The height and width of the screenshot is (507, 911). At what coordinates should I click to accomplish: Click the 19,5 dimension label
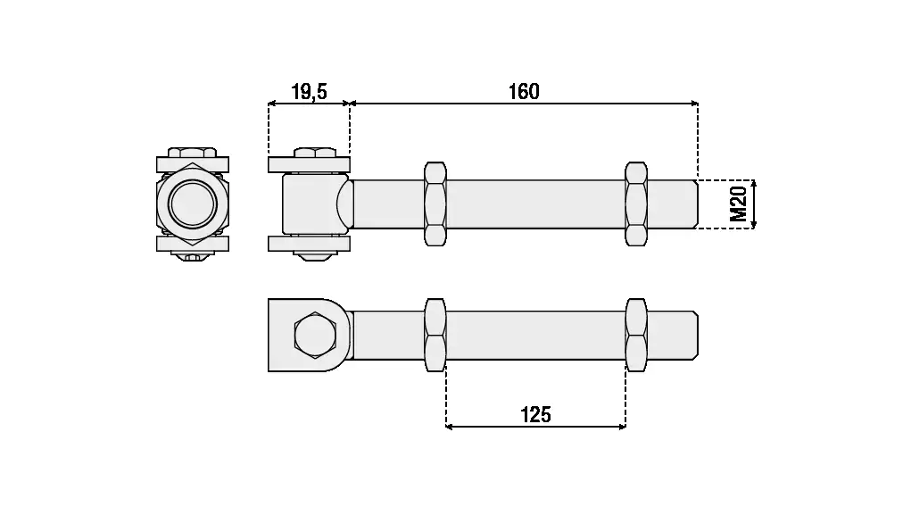(x=309, y=92)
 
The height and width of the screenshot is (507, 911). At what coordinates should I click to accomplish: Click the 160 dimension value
(x=524, y=92)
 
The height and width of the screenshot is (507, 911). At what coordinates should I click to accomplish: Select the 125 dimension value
(x=535, y=414)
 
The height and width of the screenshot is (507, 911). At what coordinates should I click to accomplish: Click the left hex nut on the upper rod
(x=435, y=204)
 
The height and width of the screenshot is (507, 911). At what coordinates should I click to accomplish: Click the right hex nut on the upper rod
(x=636, y=204)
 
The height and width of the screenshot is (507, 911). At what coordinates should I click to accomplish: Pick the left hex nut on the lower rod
(x=435, y=335)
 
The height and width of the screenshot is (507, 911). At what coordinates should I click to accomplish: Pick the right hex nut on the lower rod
(x=636, y=335)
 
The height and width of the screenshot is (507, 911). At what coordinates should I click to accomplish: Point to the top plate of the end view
(x=192, y=163)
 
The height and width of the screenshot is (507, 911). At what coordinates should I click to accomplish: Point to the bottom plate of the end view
(x=192, y=244)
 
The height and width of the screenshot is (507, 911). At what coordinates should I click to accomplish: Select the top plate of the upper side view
(x=309, y=163)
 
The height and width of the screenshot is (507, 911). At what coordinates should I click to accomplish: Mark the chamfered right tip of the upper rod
(x=694, y=204)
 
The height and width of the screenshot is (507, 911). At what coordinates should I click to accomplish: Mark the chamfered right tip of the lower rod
(x=694, y=335)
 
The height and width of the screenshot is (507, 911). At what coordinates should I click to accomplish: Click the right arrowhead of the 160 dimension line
(x=693, y=104)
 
